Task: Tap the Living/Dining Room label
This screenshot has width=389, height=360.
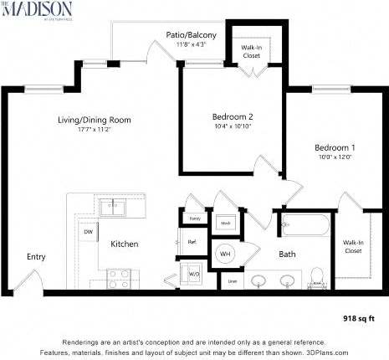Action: [x=94, y=120]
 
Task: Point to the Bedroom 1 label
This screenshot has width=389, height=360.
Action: [x=329, y=147]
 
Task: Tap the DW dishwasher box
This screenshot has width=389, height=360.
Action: [x=87, y=232]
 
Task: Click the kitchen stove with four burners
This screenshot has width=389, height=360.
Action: [x=117, y=277]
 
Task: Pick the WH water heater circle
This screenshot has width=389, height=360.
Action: [x=225, y=253]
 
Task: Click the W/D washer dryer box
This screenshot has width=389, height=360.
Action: [x=194, y=273]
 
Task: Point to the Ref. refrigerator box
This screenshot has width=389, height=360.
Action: [x=192, y=242]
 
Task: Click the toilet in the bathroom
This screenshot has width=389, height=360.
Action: [x=316, y=275]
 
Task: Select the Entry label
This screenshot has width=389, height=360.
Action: [x=36, y=257]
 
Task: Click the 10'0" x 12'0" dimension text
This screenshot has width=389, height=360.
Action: [x=329, y=157]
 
